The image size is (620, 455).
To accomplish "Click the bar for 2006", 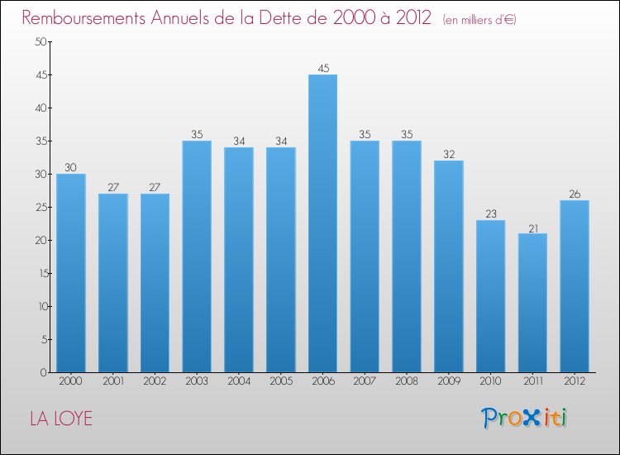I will (x=322, y=223).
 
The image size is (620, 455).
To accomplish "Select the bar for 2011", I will (x=532, y=303).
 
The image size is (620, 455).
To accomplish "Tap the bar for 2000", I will (x=70, y=273).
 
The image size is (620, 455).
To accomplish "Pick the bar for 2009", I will (x=448, y=266).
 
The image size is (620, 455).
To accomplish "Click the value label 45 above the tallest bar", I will (x=322, y=69).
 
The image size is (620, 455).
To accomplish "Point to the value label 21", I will (x=532, y=227).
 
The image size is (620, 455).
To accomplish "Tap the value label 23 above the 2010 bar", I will (x=490, y=214).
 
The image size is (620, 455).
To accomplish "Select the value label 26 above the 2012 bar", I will (x=575, y=194).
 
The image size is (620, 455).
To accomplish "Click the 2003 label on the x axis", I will (x=197, y=381).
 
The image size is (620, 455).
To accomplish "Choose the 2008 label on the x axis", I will (x=407, y=381).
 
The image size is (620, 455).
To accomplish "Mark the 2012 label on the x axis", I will (x=575, y=381).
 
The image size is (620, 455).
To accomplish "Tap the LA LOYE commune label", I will (x=61, y=419).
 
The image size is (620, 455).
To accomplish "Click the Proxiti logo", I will (x=525, y=418).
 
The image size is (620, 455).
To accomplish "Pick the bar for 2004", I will (x=239, y=260).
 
